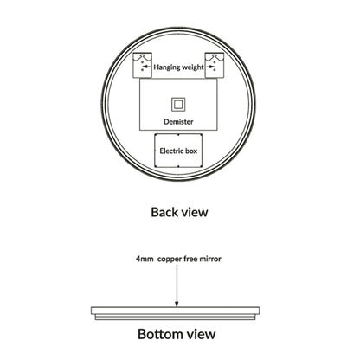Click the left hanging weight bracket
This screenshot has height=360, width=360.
(x=142, y=65)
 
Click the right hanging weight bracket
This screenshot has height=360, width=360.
(x=215, y=65)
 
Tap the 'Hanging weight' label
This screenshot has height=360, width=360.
(x=178, y=67)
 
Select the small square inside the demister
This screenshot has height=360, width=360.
(x=178, y=105)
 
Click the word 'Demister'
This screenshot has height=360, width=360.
(x=178, y=122)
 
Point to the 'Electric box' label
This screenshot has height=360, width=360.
(x=178, y=151)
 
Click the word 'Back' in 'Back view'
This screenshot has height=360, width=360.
(x=164, y=212)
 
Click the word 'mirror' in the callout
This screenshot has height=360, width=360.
(x=210, y=259)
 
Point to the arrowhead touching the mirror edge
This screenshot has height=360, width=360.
(x=177, y=304)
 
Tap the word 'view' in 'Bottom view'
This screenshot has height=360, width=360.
(x=201, y=335)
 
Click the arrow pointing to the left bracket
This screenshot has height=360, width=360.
(x=147, y=67)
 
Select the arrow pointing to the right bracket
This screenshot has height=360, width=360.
(x=209, y=67)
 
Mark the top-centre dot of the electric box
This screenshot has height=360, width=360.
(x=178, y=134)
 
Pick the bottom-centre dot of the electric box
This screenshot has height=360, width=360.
(x=178, y=166)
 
